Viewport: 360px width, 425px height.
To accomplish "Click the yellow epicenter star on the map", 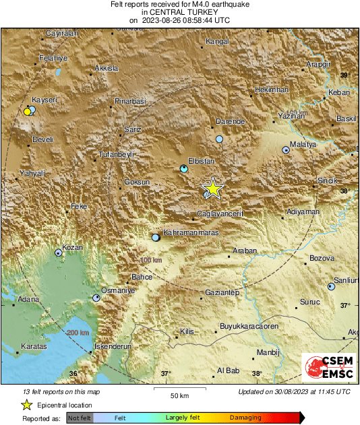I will [x=212, y=189].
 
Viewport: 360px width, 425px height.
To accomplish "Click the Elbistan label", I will [x=200, y=161].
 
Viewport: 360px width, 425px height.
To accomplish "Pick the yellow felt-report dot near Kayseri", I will [x=27, y=111].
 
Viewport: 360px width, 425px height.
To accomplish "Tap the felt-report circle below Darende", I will [x=219, y=139].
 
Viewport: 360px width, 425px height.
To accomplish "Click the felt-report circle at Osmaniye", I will [x=96, y=297].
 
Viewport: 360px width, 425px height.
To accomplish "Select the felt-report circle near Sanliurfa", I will [x=331, y=286].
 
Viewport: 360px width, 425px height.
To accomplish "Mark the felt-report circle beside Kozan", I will [x=59, y=253].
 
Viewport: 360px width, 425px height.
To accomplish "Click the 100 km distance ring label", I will [x=152, y=260].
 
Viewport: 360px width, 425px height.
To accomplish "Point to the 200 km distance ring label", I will [x=78, y=333].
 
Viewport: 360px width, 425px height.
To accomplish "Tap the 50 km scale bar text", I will [x=178, y=395].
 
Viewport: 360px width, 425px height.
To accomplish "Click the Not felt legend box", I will [x=80, y=418].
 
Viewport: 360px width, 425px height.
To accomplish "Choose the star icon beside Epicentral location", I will [x=26, y=405].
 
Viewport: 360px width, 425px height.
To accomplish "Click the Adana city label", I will [x=28, y=298].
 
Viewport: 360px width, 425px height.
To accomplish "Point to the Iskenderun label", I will [x=112, y=346].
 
